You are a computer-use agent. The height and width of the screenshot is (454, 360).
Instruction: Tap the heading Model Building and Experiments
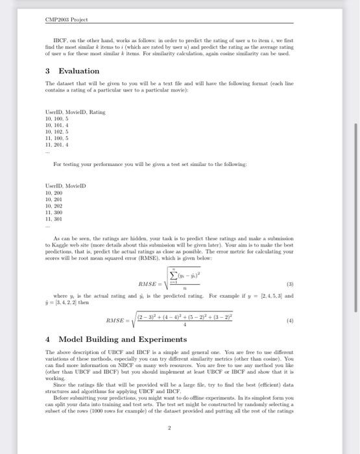123,339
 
